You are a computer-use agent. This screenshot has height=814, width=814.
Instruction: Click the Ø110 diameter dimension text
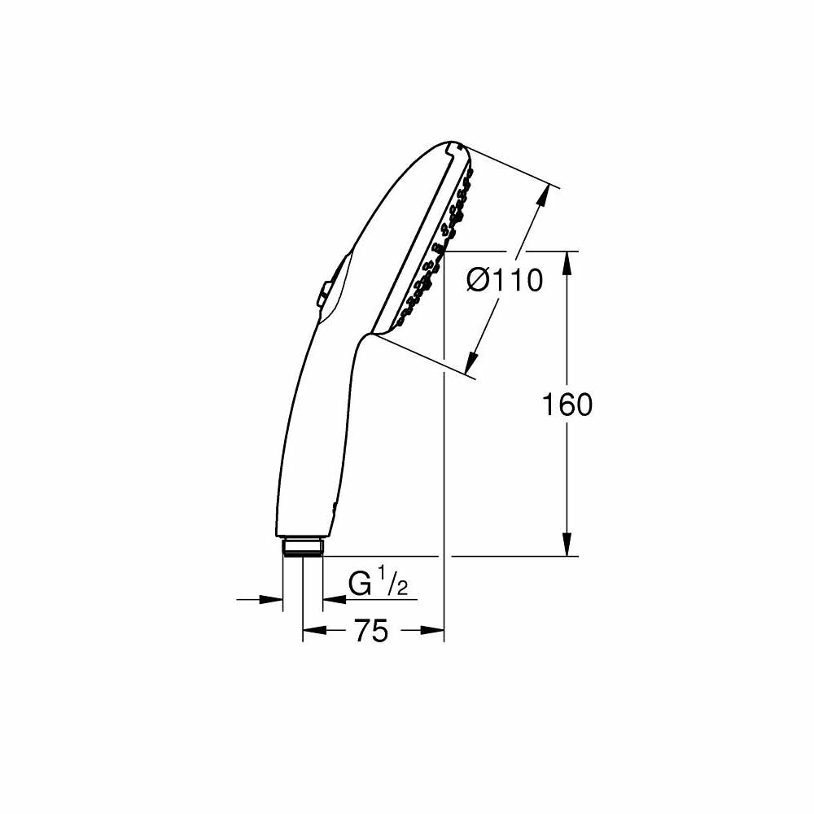[x=504, y=282]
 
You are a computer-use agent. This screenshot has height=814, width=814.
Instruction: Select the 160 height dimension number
[x=567, y=405]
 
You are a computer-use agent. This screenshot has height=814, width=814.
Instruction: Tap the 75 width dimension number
[x=371, y=631]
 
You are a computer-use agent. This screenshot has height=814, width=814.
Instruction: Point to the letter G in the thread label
[x=359, y=584]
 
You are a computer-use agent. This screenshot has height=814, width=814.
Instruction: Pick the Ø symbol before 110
[x=478, y=282]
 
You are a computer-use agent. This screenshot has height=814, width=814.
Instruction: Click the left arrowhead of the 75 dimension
[x=314, y=630]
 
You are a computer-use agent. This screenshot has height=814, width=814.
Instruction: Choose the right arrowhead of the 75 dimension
[x=432, y=630]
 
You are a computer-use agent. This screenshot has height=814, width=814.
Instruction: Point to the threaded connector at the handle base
[x=303, y=547]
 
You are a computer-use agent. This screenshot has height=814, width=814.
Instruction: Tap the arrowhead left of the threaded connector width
[x=271, y=600]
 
